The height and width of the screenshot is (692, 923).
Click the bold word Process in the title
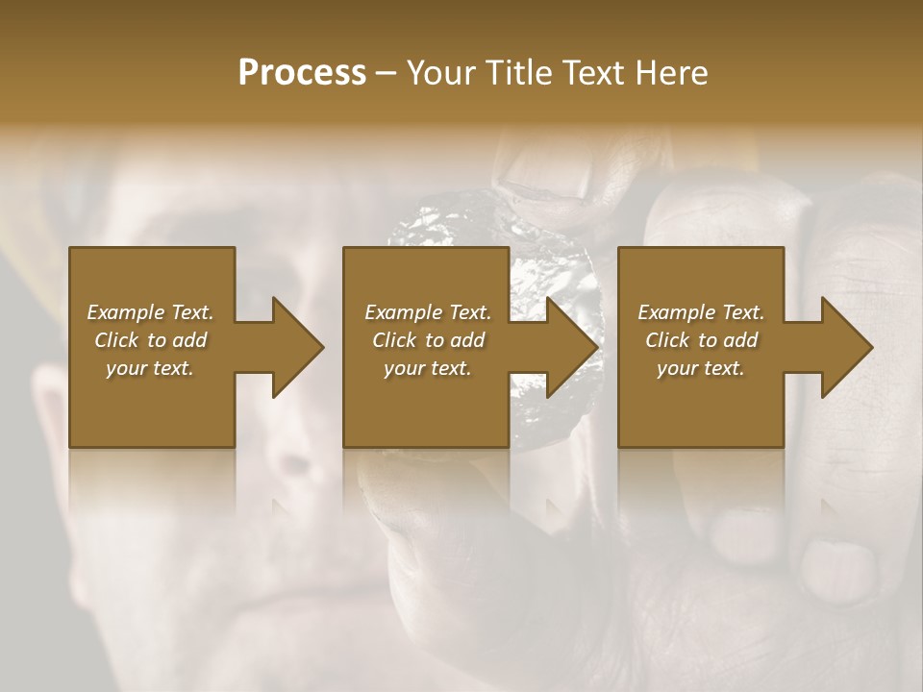point(302,72)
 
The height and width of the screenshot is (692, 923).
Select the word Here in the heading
point(672,72)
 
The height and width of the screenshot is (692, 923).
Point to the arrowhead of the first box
point(293,347)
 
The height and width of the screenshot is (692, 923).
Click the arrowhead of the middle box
point(568,347)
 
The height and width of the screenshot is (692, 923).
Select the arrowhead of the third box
point(843,347)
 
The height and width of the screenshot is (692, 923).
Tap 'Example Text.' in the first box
point(151,312)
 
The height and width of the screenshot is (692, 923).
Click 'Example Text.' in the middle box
point(428,312)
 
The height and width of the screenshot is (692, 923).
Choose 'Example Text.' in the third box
point(701,312)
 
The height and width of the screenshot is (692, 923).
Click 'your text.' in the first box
point(150,368)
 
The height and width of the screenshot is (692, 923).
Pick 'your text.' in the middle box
point(428,368)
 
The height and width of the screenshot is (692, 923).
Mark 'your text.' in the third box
point(701,368)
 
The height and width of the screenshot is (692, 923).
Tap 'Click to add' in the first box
point(151,340)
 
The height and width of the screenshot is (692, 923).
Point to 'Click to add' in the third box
point(702,340)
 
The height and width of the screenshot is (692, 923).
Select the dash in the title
point(387,73)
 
